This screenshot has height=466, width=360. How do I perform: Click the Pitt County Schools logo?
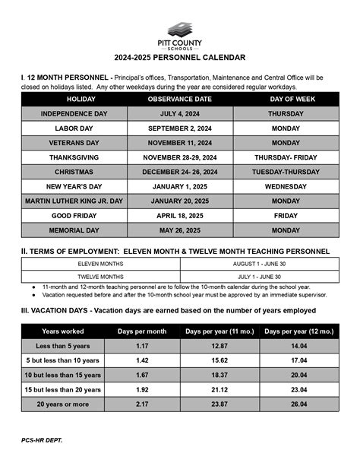point(179,30)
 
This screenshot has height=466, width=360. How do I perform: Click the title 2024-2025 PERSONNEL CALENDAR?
point(179,57)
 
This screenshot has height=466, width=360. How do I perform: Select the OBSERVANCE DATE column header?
point(180,100)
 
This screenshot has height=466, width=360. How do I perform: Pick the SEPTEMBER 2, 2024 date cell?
point(180,128)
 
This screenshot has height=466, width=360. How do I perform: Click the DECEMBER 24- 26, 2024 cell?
point(180,172)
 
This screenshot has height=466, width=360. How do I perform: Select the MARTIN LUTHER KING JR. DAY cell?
point(74,201)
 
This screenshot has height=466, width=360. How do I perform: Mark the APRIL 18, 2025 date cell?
point(180,215)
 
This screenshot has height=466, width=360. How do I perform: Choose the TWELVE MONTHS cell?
point(100,277)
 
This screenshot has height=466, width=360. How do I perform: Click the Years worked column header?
point(63,331)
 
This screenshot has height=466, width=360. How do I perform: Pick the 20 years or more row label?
point(63,404)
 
